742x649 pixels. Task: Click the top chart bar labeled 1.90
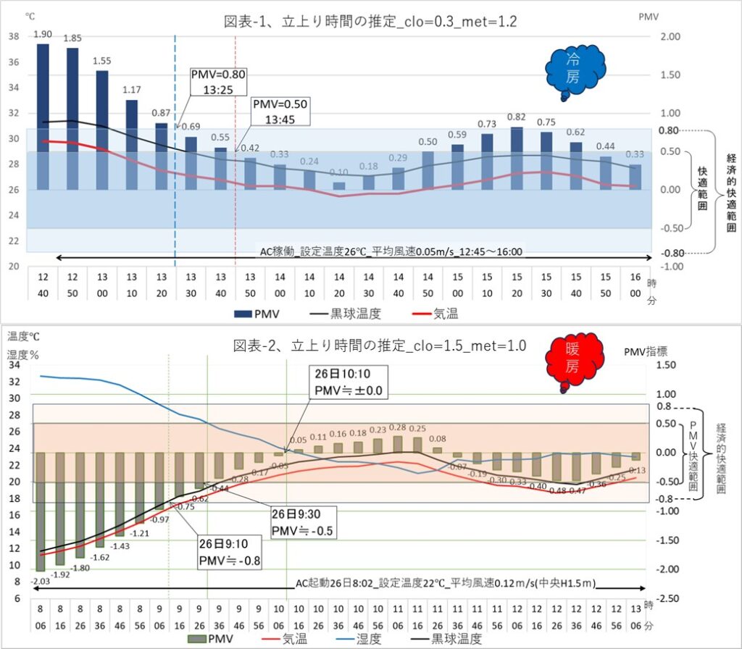[x=43, y=116]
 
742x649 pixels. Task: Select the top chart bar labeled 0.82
[x=517, y=158]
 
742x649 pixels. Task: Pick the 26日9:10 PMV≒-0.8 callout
[x=231, y=550]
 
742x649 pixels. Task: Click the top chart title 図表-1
[x=370, y=22]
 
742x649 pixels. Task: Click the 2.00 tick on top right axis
[x=671, y=37]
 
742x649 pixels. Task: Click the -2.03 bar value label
[x=40, y=581]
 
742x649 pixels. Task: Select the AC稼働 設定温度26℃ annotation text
[x=391, y=253]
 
